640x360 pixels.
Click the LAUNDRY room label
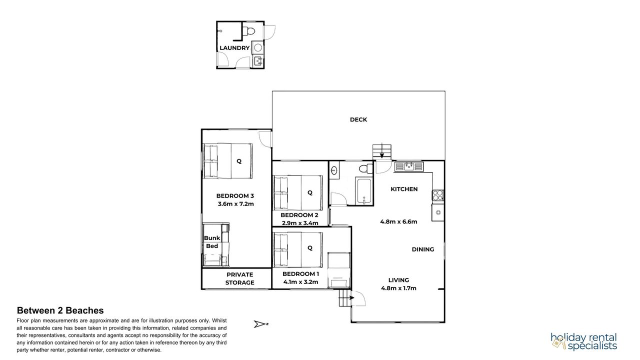click(x=234, y=48)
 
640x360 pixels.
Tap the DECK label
click(x=358, y=119)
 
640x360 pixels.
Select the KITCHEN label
click(x=404, y=189)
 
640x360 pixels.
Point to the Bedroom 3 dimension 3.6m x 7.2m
click(x=235, y=204)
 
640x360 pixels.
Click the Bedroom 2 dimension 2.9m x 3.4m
click(x=300, y=223)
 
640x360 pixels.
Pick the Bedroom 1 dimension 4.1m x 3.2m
click(x=300, y=282)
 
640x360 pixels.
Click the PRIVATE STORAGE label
click(x=239, y=278)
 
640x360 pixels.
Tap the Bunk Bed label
click(x=212, y=242)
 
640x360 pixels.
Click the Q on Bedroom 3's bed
click(x=239, y=161)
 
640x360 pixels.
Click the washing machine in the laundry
click(x=258, y=47)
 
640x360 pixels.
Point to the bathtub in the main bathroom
click(x=364, y=191)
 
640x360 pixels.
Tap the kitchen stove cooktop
click(x=437, y=195)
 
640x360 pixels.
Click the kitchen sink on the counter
click(x=409, y=166)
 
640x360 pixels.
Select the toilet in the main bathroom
click(x=366, y=168)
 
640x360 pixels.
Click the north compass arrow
click(x=259, y=324)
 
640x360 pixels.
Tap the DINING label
click(x=423, y=249)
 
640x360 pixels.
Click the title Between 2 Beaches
click(x=60, y=310)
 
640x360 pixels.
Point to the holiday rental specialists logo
click(x=584, y=341)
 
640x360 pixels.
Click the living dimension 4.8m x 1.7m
click(x=398, y=288)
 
